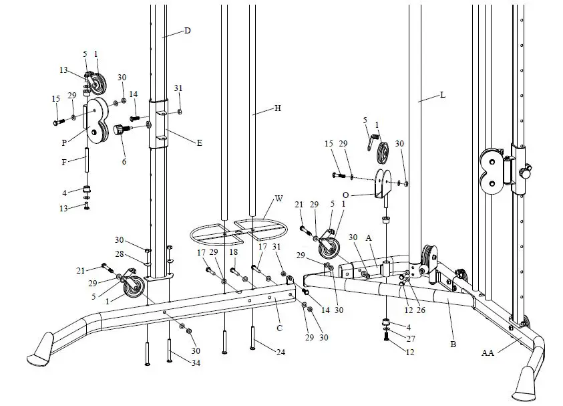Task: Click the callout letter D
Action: coord(188,31)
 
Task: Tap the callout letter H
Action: coord(278,108)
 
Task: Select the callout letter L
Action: coord(442,96)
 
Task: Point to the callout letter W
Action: coord(279,199)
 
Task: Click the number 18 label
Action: coord(234,253)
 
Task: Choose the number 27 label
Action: coord(411,339)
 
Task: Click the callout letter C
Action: coord(280,328)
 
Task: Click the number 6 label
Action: coord(124,161)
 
